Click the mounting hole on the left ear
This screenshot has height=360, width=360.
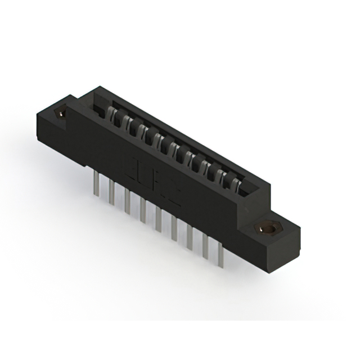click(60, 115)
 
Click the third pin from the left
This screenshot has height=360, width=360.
click(128, 201)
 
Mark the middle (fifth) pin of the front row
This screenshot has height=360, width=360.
click(159, 219)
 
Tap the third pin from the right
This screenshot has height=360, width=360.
click(190, 237)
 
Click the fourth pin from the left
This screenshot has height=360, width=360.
click(143, 210)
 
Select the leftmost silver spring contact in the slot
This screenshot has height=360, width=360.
click(112, 116)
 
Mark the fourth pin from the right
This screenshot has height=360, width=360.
click(174, 228)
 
